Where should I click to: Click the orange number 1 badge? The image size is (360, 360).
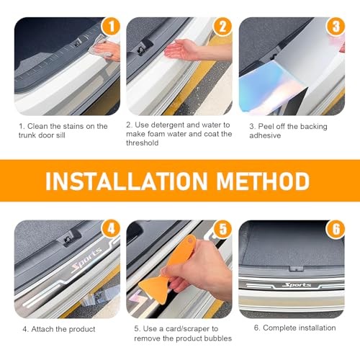(x=111, y=27)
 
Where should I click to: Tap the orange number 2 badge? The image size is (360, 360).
(x=222, y=27)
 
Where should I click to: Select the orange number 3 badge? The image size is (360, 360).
(x=336, y=27)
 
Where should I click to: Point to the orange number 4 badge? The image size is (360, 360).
(x=111, y=229)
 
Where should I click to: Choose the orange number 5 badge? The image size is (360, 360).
(x=222, y=229)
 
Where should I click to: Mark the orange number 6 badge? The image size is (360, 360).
(x=336, y=229)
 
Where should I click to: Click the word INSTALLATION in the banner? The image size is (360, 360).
(x=126, y=181)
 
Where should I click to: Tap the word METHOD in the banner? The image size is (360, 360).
(x=263, y=181)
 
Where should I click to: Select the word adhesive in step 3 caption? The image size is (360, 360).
(x=265, y=135)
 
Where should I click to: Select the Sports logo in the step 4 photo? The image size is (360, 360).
(x=87, y=261)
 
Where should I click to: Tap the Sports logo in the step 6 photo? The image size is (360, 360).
(x=297, y=285)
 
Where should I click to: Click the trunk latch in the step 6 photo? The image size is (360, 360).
(x=296, y=269)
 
